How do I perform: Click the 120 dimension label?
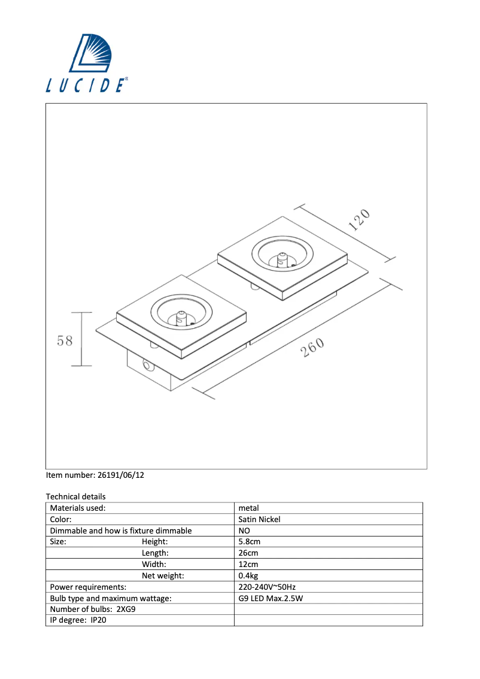(x=359, y=220)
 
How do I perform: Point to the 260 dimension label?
(x=312, y=347)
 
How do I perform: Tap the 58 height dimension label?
(x=65, y=340)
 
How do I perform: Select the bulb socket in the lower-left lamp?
(x=181, y=317)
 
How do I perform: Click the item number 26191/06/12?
(x=95, y=475)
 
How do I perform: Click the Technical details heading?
(x=75, y=496)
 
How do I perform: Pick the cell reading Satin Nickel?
(x=259, y=519)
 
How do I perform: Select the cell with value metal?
(x=248, y=508)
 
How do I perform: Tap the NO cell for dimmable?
(x=244, y=531)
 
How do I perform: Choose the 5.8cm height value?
(x=249, y=542)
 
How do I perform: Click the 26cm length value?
(x=248, y=553)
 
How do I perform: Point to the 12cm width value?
(x=248, y=564)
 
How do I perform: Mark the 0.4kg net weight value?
(x=248, y=575)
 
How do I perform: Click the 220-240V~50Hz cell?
(x=266, y=587)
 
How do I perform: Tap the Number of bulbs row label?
(x=93, y=610)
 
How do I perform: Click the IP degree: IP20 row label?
(x=78, y=620)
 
